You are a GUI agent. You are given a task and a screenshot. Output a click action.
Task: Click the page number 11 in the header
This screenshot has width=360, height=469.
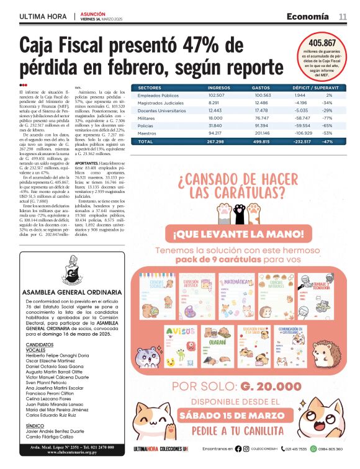point(343,17)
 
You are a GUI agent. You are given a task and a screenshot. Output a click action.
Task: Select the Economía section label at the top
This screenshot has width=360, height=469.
point(307,17)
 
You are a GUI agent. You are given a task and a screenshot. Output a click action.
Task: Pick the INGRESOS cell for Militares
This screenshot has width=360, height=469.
point(215,117)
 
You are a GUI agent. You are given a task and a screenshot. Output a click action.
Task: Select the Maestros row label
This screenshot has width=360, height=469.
point(147,133)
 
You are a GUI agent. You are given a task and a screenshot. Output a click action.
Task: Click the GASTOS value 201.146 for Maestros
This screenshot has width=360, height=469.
point(263,133)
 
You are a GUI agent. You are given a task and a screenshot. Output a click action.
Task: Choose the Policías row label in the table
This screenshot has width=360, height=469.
point(146,125)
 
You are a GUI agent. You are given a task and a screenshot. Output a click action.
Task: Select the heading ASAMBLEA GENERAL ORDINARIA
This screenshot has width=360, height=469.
point(71,292)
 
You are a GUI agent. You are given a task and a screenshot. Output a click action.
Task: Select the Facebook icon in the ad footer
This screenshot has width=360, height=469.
point(239,449)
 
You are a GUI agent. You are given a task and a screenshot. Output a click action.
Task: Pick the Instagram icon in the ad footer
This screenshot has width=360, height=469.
point(246,449)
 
